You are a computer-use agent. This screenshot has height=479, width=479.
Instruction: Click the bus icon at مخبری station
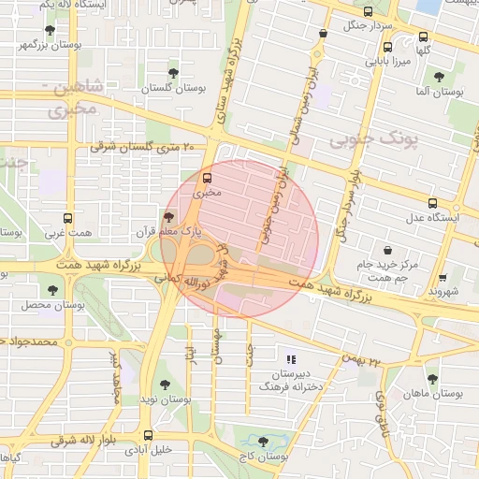[207, 178]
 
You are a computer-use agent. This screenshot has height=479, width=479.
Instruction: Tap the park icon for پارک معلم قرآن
[168, 216]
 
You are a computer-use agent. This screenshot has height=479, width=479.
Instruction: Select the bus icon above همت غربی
[66, 216]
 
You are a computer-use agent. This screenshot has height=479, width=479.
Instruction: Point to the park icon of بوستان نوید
[165, 384]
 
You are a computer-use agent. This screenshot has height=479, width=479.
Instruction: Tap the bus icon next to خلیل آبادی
[148, 435]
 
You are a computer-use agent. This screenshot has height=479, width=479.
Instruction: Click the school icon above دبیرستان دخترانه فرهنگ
[291, 358]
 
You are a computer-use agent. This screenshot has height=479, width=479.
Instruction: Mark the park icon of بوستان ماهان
[431, 379]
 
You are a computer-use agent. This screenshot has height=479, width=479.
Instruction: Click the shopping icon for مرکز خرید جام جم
[387, 250]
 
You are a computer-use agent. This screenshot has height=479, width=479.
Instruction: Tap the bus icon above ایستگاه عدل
[432, 202]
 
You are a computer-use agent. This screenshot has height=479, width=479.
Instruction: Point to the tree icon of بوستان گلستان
[173, 72]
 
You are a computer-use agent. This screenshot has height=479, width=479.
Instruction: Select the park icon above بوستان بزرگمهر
[50, 30]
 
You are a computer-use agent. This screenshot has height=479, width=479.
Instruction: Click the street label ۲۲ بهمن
[365, 360]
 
